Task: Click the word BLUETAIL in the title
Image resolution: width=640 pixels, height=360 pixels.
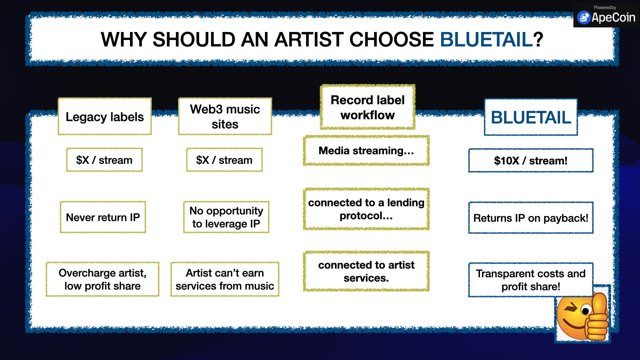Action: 486,39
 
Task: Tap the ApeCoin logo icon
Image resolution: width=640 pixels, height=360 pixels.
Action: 584,18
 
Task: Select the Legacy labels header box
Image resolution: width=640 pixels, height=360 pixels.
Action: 105,116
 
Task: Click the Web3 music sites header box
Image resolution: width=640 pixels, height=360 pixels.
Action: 225,116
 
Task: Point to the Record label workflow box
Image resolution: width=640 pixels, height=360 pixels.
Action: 367,107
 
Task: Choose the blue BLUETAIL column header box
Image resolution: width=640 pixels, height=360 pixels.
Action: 531,117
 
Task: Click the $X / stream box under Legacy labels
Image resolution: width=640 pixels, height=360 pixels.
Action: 104,160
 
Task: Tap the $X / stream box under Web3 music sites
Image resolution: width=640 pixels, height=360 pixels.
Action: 224,160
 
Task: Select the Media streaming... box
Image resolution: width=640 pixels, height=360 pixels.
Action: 366,151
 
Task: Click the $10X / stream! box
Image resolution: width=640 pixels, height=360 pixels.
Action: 531,161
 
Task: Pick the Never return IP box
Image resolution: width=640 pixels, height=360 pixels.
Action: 103,217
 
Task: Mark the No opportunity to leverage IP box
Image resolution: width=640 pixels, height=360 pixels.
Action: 226,217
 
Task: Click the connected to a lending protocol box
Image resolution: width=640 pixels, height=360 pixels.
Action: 366,209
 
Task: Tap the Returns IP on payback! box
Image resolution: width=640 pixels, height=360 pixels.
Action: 531,218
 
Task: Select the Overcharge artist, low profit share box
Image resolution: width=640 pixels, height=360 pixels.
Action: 103,279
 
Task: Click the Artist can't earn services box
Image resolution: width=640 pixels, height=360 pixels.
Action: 225,279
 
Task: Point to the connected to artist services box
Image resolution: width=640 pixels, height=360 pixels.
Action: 366,271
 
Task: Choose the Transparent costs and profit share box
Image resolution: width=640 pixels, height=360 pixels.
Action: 531,280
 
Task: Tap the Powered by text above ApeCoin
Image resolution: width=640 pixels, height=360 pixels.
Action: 605,7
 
